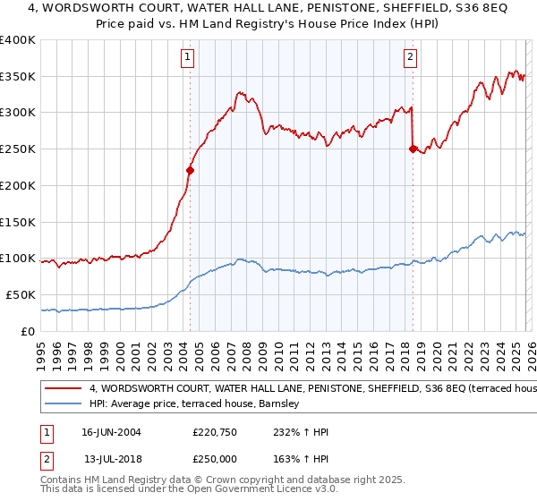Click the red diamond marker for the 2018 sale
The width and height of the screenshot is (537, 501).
coord(413,149)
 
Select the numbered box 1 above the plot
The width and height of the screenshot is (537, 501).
coord(188,58)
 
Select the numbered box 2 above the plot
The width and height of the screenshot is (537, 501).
coord(410,58)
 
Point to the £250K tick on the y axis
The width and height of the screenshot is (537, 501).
coord(18,149)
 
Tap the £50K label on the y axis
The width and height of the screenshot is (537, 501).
coord(20,294)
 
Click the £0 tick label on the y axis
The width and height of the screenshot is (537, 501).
coord(29,331)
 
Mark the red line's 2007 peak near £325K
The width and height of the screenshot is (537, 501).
coord(239,91)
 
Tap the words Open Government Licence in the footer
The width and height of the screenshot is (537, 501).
coord(255,489)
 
